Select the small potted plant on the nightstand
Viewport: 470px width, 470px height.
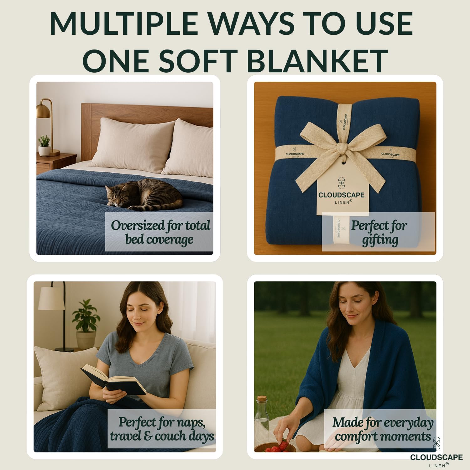[x=44, y=146]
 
